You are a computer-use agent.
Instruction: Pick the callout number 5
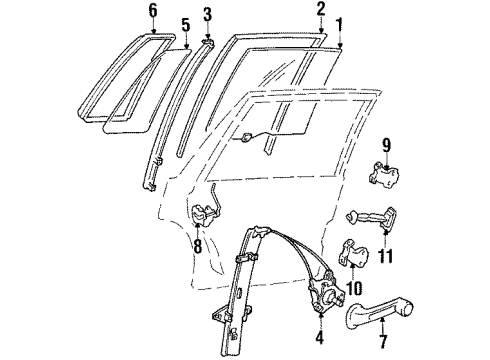pyautogui.click(x=184, y=24)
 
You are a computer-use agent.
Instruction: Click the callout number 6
pyautogui.click(x=153, y=12)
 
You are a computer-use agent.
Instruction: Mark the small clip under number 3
pyautogui.click(x=210, y=41)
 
